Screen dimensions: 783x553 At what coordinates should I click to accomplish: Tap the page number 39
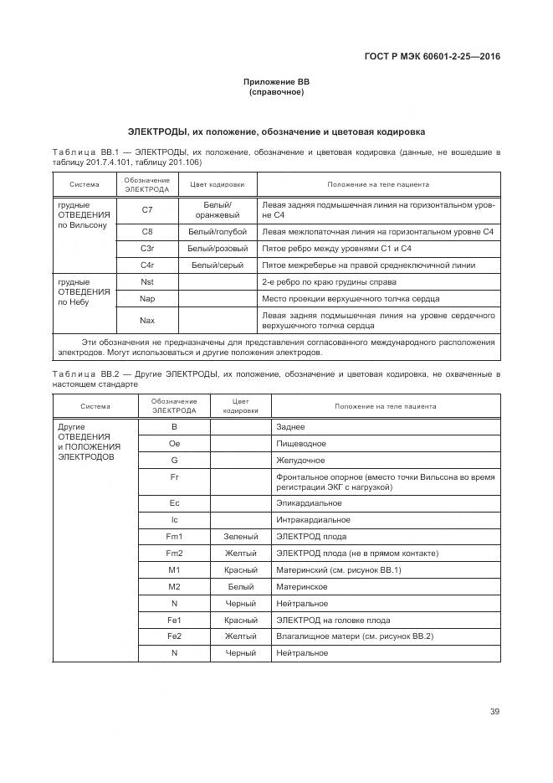point(494,712)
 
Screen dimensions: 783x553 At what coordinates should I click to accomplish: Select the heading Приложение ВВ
point(276,82)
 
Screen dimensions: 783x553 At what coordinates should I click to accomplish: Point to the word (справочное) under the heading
point(276,92)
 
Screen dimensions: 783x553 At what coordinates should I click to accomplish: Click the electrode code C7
point(147,210)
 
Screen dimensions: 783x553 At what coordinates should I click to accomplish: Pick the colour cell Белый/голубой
point(218,231)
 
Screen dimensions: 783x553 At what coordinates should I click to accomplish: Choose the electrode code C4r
point(147,265)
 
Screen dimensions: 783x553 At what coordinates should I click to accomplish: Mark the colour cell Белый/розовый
point(218,248)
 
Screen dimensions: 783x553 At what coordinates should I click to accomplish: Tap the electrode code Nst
point(147,282)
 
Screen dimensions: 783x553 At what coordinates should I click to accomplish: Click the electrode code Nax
point(147,320)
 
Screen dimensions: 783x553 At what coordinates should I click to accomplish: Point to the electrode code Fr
point(174,476)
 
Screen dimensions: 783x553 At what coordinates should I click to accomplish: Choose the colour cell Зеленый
point(241,536)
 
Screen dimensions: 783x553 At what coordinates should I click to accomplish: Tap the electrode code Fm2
point(174,553)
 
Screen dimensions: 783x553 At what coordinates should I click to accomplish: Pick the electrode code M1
point(174,569)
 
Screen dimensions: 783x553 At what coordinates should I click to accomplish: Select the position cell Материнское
point(302,586)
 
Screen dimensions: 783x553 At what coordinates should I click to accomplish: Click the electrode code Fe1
point(174,620)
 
